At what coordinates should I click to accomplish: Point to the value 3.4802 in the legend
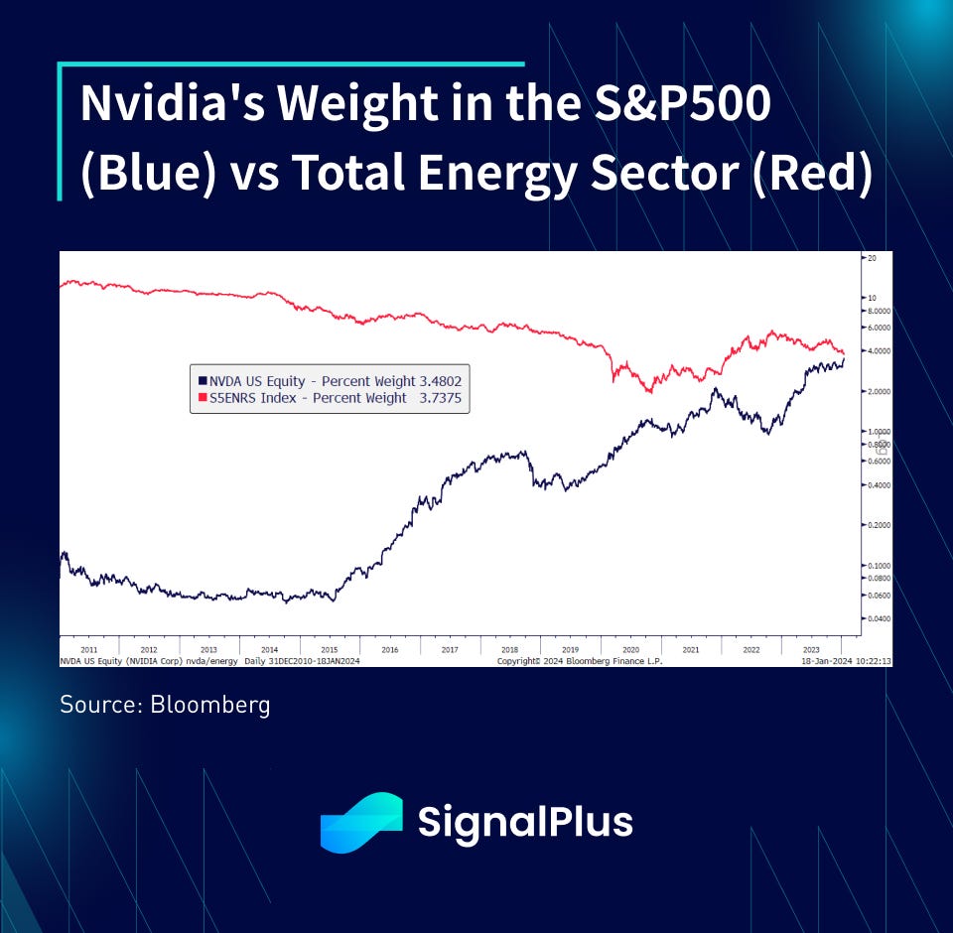(x=440, y=380)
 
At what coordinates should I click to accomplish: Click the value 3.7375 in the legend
(x=440, y=398)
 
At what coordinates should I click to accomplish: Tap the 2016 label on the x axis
(x=389, y=649)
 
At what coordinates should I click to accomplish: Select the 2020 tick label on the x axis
(x=629, y=649)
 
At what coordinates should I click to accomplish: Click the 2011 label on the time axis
(x=89, y=649)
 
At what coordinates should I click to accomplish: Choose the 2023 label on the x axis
(x=811, y=649)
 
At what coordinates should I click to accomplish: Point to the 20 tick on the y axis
(x=871, y=258)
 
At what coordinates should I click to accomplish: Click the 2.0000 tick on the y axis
(x=879, y=391)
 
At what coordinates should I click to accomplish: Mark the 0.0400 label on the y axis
(x=879, y=618)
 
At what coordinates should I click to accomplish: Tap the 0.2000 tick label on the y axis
(x=879, y=524)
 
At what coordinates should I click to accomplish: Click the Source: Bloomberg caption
(x=165, y=705)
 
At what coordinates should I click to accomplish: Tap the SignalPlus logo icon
(x=361, y=823)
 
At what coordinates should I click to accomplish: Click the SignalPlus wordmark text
(x=525, y=823)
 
